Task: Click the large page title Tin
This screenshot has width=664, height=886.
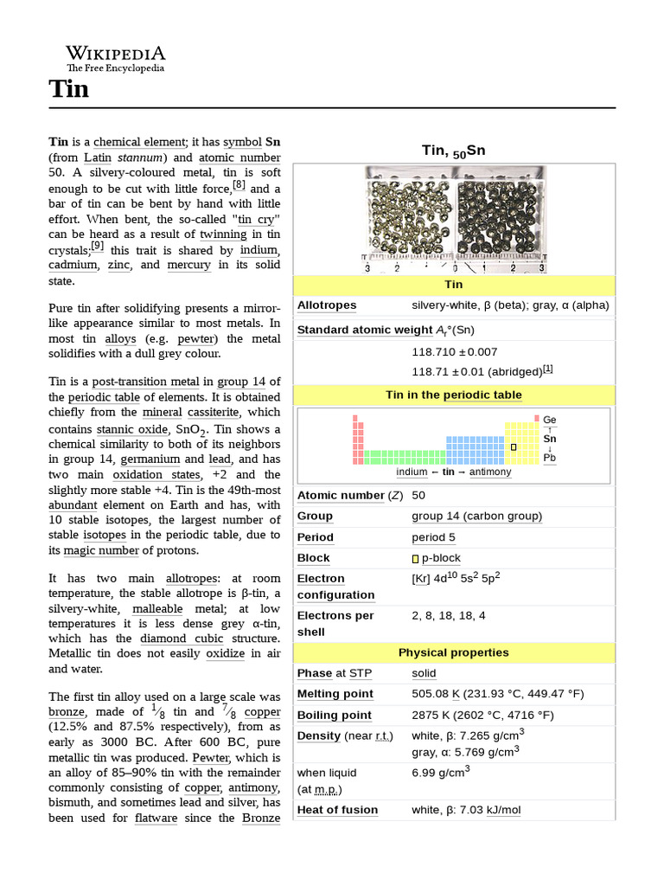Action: [68, 88]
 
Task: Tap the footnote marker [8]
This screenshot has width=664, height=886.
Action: [239, 185]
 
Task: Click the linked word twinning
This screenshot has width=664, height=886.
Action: [223, 234]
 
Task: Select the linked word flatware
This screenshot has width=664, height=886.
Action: [156, 818]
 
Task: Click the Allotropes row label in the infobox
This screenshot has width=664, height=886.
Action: [327, 305]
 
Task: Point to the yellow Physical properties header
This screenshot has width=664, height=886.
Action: [453, 652]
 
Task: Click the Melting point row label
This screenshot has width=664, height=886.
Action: [335, 694]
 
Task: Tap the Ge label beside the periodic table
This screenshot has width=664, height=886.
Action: [549, 420]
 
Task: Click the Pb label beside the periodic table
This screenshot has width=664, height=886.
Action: [549, 458]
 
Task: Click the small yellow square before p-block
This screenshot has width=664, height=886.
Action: [415, 559]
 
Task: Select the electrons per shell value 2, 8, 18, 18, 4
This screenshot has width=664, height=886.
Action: [449, 615]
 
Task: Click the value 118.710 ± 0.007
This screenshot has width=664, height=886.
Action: [454, 351]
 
